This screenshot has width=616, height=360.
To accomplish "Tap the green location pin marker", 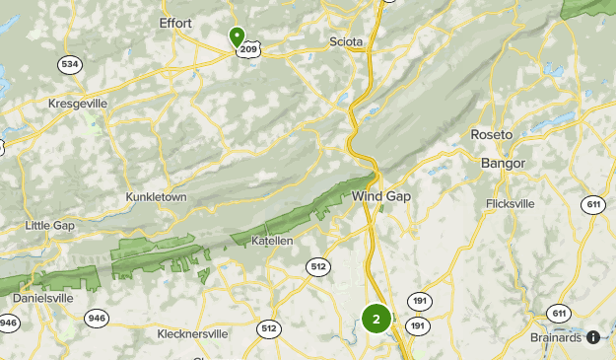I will [237, 36].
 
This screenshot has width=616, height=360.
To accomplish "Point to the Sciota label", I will [346, 42].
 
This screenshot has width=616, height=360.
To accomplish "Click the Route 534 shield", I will [69, 65].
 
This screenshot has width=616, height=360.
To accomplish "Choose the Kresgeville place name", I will [77, 103].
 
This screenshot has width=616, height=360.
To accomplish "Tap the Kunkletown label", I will [156, 197].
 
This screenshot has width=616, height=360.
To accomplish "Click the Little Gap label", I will [49, 226].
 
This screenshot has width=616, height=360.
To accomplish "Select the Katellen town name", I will [272, 241].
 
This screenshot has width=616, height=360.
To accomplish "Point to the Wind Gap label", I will [381, 196].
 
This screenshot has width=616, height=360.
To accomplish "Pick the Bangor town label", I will [503, 163].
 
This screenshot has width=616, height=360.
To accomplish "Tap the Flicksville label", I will [511, 204].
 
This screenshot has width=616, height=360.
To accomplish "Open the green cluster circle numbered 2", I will [376, 319].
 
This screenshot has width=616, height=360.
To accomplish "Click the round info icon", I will [593, 336].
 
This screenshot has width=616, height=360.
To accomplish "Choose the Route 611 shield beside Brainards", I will [559, 314].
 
